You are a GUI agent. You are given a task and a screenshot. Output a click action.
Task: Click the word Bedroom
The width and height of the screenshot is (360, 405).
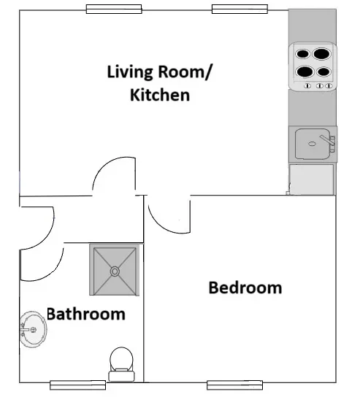[x=245, y=288]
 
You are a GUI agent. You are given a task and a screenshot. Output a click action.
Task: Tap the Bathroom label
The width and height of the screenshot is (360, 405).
[x=86, y=314]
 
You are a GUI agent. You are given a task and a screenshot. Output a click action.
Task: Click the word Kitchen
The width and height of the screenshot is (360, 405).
[x=160, y=95]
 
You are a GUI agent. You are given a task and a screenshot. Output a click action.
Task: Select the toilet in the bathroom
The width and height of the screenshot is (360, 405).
[x=121, y=364]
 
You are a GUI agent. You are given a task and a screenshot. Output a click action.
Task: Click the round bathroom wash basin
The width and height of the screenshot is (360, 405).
[x=34, y=329]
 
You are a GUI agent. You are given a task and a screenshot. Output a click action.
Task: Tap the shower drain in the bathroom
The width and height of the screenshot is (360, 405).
[x=115, y=271]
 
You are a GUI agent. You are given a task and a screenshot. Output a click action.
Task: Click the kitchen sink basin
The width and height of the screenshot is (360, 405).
[x=313, y=144]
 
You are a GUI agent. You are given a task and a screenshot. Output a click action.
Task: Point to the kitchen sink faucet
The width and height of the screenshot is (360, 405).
[x=328, y=142]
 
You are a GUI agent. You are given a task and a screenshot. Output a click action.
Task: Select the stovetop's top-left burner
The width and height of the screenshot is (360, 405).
[x=302, y=54]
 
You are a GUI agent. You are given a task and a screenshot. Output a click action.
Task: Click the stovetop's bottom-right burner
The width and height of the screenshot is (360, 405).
[x=323, y=72]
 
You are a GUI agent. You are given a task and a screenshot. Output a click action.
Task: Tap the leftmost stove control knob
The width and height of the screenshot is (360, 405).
[x=307, y=86]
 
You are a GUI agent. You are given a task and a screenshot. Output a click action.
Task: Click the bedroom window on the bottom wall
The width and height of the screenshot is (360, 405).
[x=234, y=385]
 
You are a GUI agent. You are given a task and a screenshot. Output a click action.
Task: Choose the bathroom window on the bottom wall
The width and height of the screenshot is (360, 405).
[x=78, y=385]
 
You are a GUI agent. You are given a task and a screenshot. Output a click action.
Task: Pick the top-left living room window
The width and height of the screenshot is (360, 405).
[x=114, y=9]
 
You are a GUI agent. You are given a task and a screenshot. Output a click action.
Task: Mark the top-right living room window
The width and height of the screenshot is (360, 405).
[x=240, y=9]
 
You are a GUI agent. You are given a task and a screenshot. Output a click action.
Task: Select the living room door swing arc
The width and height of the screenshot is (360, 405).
[x=104, y=166]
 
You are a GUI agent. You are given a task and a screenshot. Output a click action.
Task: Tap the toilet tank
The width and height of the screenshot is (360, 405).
[x=121, y=377]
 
